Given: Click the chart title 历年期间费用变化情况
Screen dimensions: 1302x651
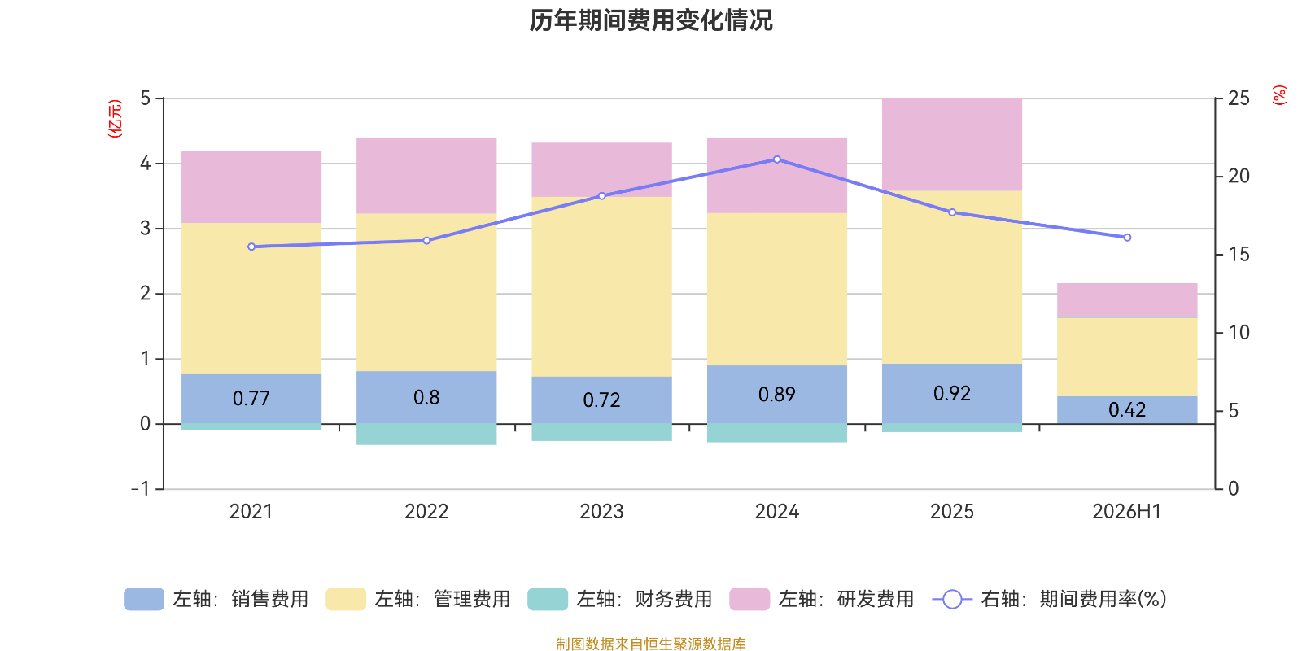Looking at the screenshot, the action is (x=650, y=20).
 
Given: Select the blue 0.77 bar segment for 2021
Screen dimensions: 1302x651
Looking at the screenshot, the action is (x=251, y=398).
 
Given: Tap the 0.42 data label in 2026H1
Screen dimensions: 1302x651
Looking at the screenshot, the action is (x=1126, y=410).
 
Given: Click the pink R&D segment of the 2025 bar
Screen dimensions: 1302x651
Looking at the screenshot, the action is (x=951, y=144).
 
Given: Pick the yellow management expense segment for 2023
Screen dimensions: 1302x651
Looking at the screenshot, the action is (x=601, y=286).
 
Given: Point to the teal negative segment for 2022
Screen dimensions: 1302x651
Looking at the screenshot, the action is (x=426, y=435).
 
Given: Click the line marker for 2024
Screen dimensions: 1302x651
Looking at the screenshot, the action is (x=776, y=159).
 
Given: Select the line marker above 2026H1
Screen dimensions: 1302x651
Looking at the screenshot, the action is (x=1127, y=237).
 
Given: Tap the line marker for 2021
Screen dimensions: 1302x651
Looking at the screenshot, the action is (x=251, y=247).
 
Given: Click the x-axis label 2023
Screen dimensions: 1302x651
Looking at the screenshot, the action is (x=601, y=512).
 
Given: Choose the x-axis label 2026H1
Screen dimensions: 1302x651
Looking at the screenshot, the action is (x=1126, y=512).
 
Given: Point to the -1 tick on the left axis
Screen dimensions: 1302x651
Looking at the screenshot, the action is (x=141, y=488).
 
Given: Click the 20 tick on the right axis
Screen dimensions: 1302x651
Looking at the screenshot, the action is (x=1239, y=176).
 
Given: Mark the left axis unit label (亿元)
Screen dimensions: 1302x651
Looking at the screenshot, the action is (x=115, y=119).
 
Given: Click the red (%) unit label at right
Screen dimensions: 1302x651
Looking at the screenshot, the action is (x=1279, y=94).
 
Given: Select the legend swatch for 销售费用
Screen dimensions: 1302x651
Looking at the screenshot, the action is (x=143, y=599).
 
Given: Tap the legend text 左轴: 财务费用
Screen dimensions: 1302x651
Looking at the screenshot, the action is (x=644, y=599).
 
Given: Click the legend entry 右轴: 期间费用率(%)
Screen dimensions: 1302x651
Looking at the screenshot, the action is (x=1049, y=599).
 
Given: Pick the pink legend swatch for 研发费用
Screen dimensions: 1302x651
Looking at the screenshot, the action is (x=749, y=599).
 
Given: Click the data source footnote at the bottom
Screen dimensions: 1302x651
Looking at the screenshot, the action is (x=650, y=644).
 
